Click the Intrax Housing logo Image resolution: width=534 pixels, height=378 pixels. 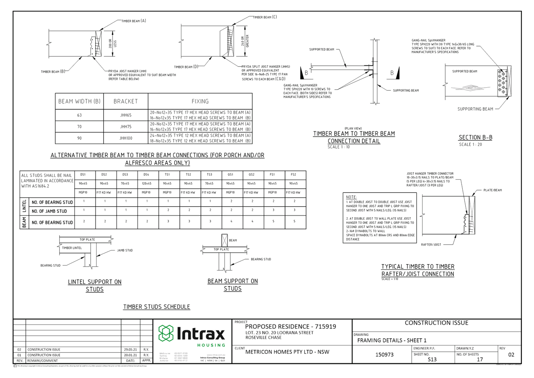[192, 335]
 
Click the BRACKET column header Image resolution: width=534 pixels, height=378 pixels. [125, 101]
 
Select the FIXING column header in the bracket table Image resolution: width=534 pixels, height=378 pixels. [200, 101]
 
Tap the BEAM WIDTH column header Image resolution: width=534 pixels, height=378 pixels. [79, 101]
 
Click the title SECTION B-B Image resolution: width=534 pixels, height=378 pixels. [475, 137]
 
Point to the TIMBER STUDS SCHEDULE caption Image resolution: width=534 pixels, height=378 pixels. [157, 307]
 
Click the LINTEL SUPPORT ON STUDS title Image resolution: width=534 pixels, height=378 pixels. [95, 285]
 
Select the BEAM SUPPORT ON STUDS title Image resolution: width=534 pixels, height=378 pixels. [233, 284]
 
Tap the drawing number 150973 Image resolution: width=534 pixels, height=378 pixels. [385, 355]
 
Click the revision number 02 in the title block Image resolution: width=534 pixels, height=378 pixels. [511, 355]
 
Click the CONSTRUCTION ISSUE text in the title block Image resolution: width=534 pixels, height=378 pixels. [436, 323]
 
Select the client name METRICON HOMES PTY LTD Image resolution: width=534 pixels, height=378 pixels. [287, 352]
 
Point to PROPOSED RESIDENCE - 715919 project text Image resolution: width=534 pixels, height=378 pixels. [290, 326]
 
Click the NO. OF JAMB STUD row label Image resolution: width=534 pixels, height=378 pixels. [52, 211]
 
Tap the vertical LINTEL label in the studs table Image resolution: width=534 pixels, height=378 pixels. [24, 206]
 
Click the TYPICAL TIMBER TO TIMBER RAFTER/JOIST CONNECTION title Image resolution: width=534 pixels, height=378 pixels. [418, 270]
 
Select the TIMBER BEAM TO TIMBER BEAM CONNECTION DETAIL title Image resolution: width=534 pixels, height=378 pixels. [354, 137]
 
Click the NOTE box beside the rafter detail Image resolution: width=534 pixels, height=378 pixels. [380, 218]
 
